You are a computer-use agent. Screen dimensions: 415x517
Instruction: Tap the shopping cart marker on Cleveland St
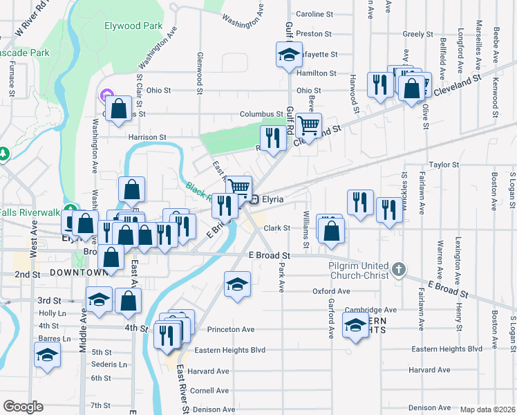coord(308,126)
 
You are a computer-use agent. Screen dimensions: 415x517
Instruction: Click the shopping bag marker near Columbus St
coord(119,108)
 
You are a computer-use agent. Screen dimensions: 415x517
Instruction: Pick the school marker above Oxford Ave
coord(236,284)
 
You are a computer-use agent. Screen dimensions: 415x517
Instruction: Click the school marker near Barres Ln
coord(47,356)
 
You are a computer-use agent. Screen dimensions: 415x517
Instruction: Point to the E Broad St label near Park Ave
coord(269,255)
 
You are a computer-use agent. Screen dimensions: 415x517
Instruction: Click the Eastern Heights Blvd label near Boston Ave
coord(446,349)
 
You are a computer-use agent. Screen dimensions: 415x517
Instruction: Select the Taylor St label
coord(444,165)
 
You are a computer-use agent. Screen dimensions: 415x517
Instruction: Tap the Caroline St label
coord(314,14)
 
